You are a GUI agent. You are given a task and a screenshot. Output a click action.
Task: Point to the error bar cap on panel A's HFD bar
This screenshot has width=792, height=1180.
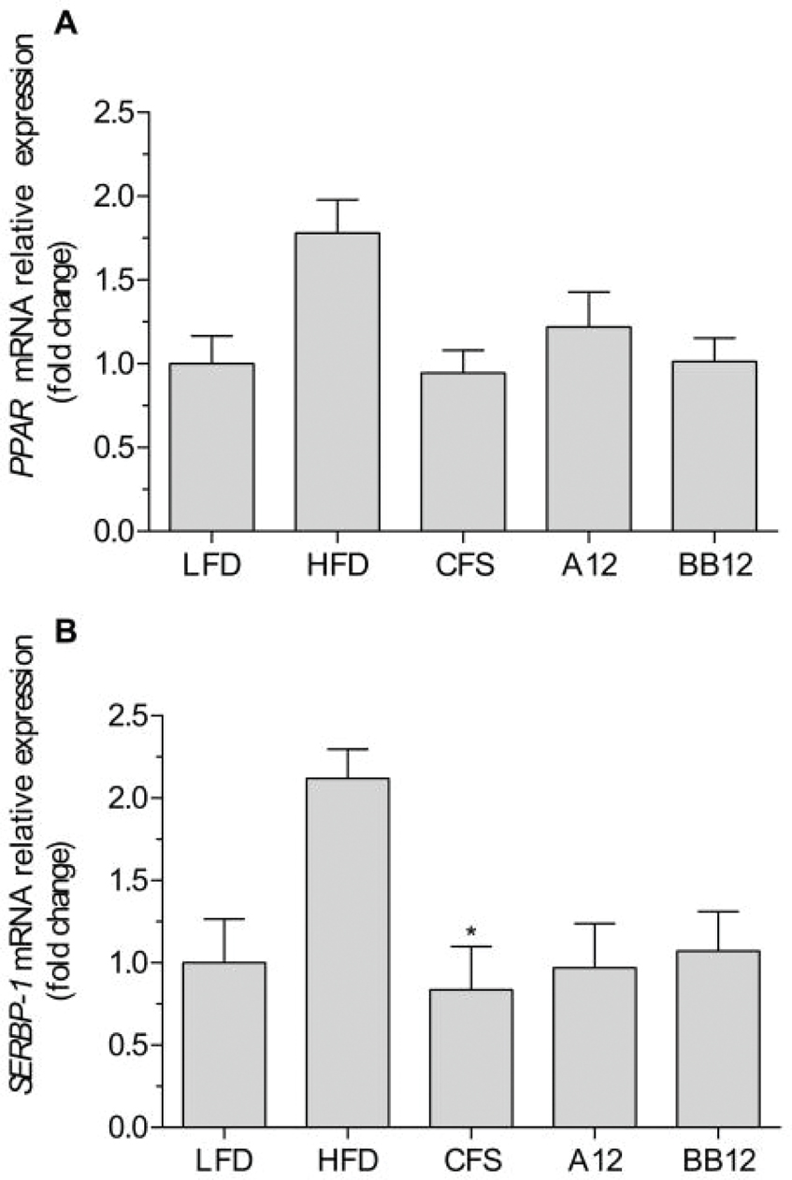pos(338,199)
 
